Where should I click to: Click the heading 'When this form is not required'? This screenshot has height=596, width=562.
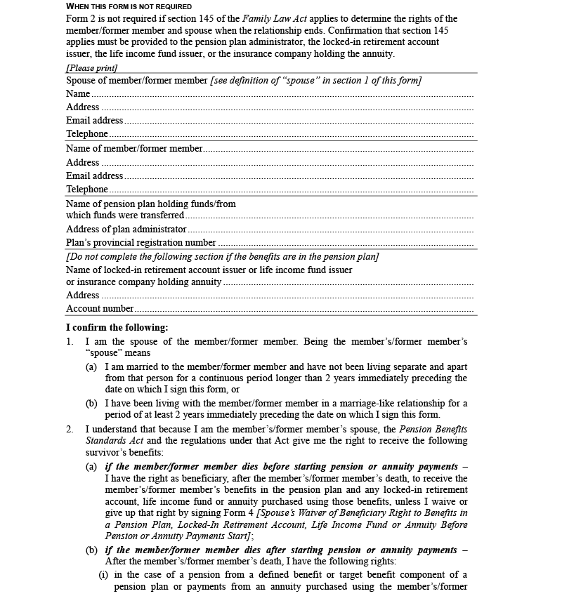click(129, 6)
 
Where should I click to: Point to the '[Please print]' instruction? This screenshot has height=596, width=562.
click(92, 67)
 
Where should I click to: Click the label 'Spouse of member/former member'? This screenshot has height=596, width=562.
click(137, 81)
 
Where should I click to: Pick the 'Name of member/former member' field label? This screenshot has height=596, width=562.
click(134, 149)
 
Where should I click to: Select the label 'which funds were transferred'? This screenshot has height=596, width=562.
click(125, 216)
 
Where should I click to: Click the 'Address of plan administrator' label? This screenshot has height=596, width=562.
click(126, 230)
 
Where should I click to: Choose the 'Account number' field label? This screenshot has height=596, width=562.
click(100, 309)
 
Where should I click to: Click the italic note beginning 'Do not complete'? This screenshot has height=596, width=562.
click(223, 257)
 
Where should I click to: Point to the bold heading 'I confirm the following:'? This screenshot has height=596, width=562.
click(117, 328)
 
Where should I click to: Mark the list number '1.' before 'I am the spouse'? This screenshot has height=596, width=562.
click(70, 342)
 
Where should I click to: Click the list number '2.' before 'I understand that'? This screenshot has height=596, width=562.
click(70, 429)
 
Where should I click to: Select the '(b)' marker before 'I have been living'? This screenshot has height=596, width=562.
click(91, 404)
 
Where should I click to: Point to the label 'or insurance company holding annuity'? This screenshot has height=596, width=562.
click(144, 282)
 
